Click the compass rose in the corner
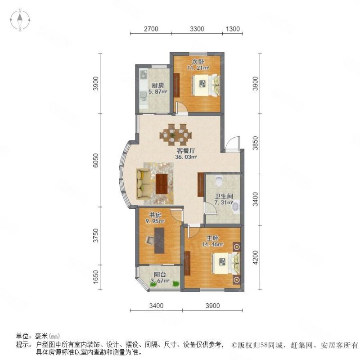pos(20,20)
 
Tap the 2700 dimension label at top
pos(151,29)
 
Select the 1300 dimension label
pos(233,29)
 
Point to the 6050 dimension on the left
pos(96,160)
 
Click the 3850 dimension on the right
pos(255,143)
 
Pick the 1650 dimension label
pos(96,277)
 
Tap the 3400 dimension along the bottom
pos(156,306)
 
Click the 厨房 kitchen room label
pos(158,85)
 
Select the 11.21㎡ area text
pos(198,68)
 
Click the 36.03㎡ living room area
pos(186,157)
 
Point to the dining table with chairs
pos(175,135)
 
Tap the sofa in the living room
pos(143,184)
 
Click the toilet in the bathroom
pos(219,180)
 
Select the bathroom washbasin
pos(236,207)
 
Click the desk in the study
pos(159,240)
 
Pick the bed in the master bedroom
pos(226,263)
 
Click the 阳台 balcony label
pos(160,274)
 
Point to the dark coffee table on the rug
pos(162,184)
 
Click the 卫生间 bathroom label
pos(224,196)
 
